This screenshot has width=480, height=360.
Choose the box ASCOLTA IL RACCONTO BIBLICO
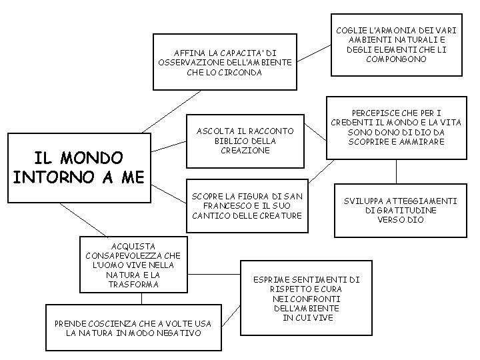click(x=243, y=141)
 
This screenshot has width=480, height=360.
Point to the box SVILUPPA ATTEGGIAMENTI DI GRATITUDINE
click(x=400, y=210)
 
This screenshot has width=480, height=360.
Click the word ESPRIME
click(x=270, y=279)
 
